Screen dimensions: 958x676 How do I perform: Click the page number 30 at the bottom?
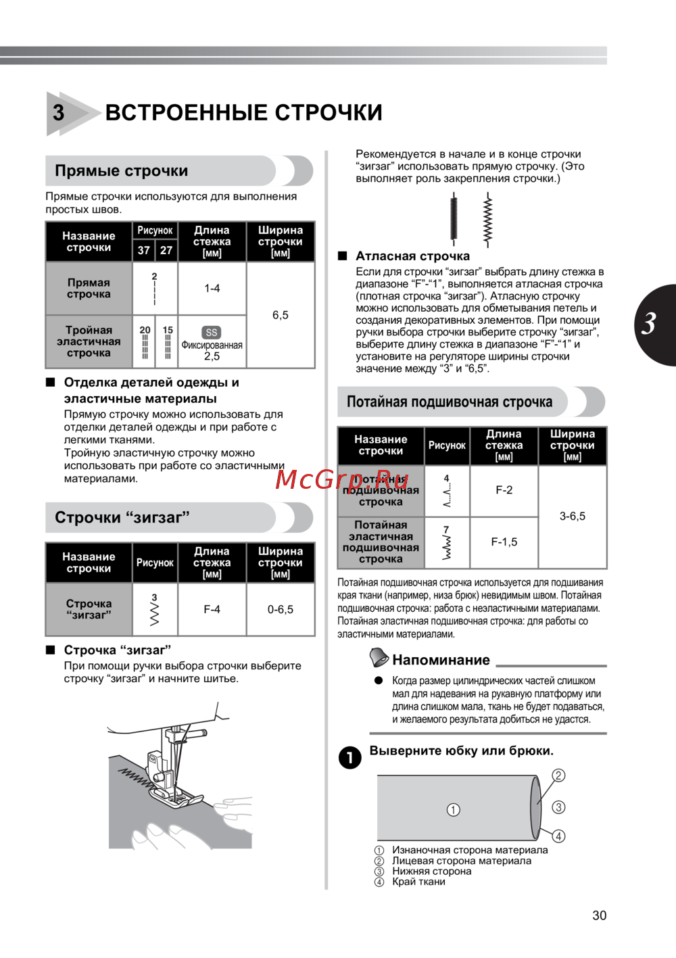[x=599, y=915]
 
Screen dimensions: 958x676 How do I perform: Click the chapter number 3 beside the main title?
[x=59, y=113]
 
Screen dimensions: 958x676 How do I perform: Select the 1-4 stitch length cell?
[x=212, y=288]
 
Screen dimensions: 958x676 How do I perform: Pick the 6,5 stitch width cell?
[x=280, y=315]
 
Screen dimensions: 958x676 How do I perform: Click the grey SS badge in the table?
[x=212, y=333]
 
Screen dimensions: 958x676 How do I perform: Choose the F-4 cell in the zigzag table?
[x=212, y=609]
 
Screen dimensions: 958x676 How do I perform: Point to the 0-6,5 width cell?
[x=280, y=609]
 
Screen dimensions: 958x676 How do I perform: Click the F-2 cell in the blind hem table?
[x=504, y=490]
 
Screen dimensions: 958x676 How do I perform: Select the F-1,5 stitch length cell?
[x=504, y=542]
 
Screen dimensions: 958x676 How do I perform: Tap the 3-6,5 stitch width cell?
[x=572, y=517]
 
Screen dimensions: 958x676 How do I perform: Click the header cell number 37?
[x=144, y=250]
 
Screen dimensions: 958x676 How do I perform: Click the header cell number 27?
[x=166, y=250]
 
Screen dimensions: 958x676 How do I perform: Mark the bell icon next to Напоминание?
[x=379, y=657]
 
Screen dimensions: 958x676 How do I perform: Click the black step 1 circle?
[x=349, y=758]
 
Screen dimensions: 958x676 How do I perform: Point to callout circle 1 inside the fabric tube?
[x=454, y=809]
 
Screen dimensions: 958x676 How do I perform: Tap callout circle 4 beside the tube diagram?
[x=558, y=836]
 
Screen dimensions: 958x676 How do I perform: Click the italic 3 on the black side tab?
[x=650, y=324]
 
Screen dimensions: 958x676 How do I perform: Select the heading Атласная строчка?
[x=412, y=256]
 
